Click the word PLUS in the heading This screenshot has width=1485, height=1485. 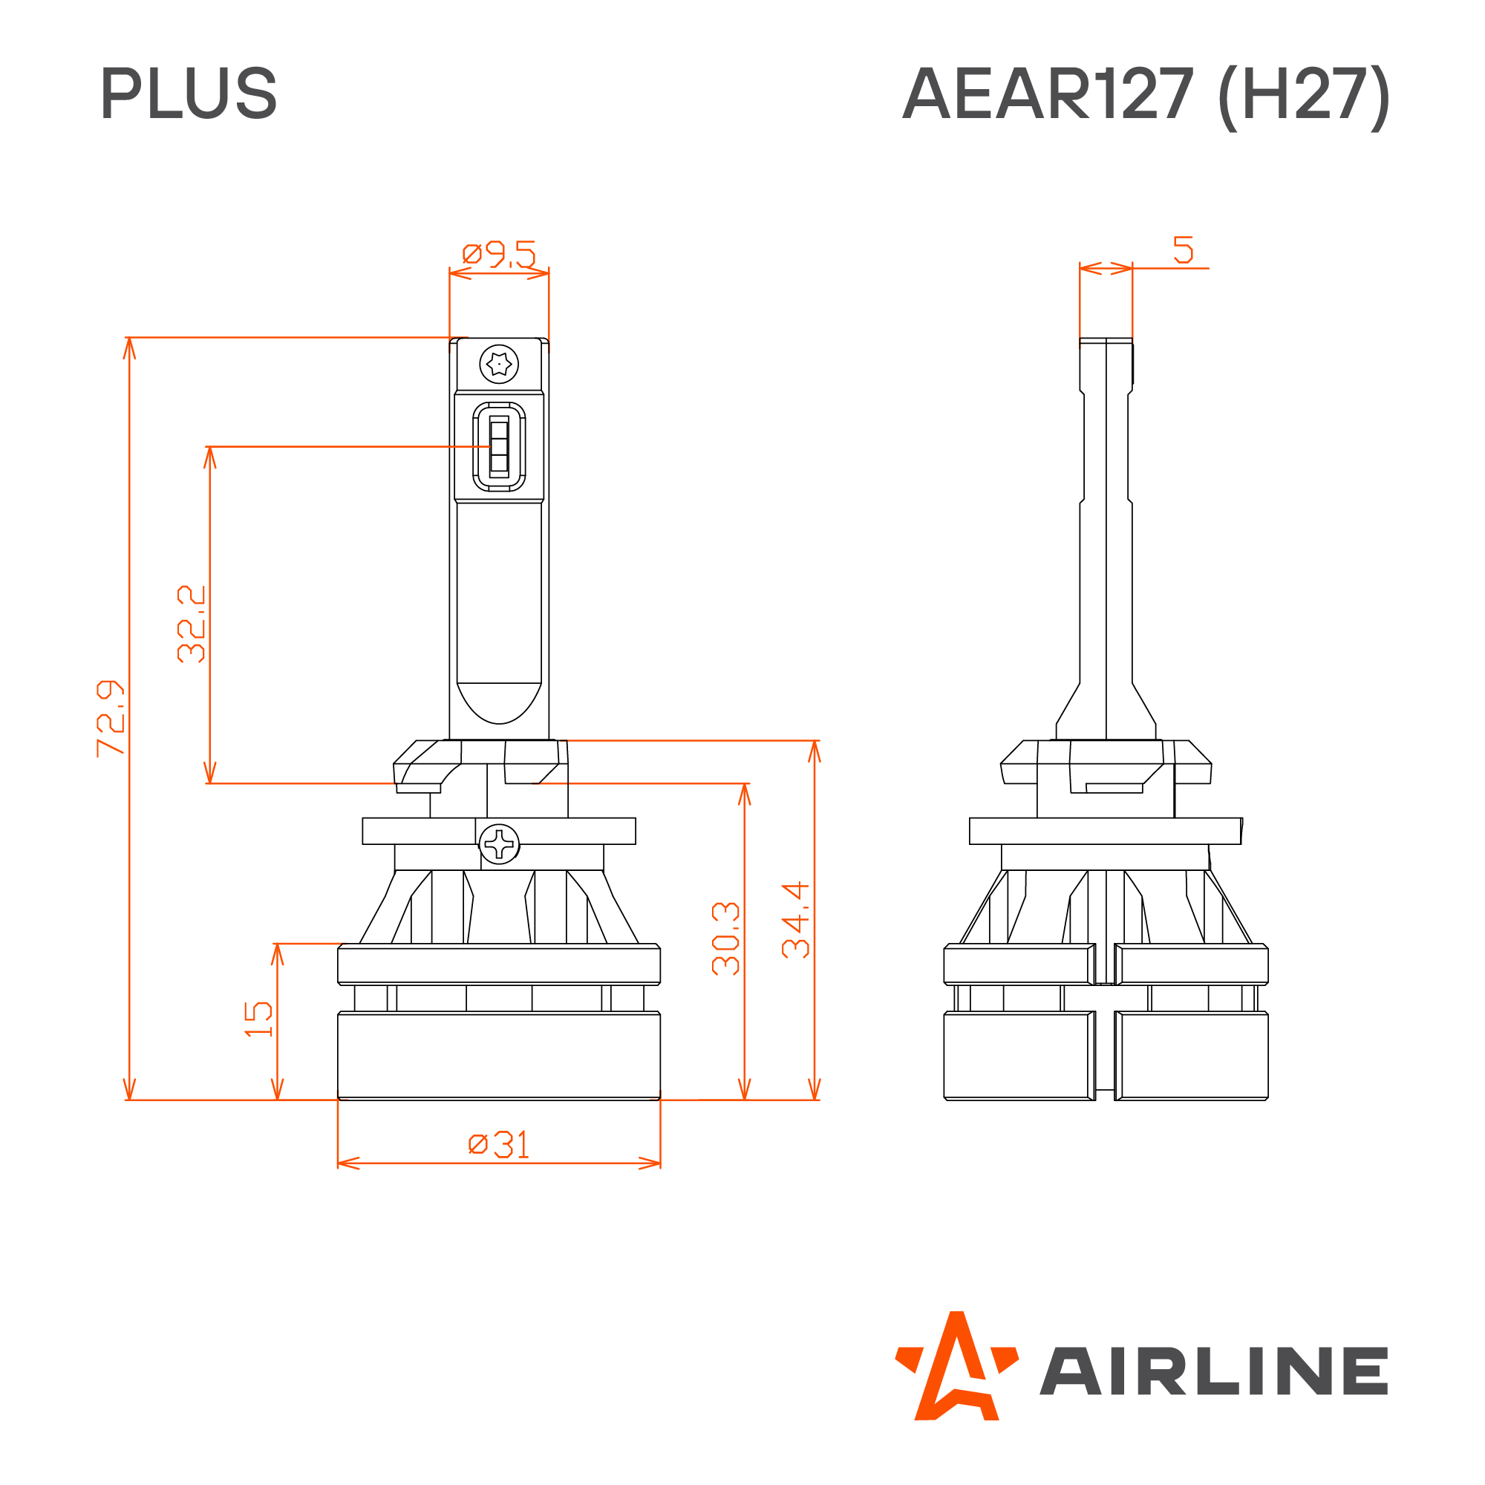[x=189, y=93]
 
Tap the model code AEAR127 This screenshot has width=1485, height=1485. [x=1048, y=93]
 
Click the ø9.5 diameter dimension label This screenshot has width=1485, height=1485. [x=499, y=254]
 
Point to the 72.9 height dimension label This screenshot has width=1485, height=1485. [x=111, y=718]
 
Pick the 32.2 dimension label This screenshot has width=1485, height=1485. [x=192, y=624]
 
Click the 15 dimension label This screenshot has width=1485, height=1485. [x=258, y=1019]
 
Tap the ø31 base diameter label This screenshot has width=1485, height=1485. [x=499, y=1144]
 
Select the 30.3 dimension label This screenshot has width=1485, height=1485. [x=725, y=939]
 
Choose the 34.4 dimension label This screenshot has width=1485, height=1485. [x=795, y=920]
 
